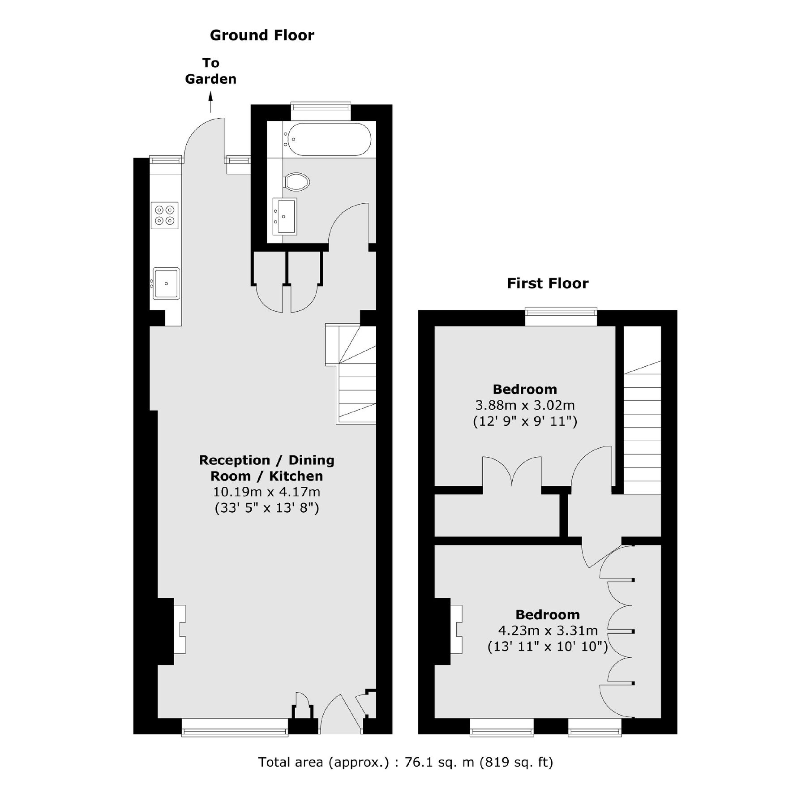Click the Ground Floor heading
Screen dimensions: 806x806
pyautogui.click(x=262, y=35)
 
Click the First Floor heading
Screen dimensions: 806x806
pyautogui.click(x=547, y=283)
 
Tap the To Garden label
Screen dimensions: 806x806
pyautogui.click(x=210, y=71)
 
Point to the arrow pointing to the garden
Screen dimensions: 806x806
pyautogui.click(x=210, y=102)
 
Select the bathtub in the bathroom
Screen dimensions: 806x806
pyautogui.click(x=329, y=139)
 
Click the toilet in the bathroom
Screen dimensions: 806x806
pyautogui.click(x=297, y=182)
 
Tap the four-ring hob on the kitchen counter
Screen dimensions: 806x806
pyautogui.click(x=164, y=215)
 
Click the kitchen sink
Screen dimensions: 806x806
pyautogui.click(x=166, y=283)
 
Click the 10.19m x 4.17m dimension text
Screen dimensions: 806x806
pyautogui.click(x=266, y=492)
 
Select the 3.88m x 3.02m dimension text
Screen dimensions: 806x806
pyautogui.click(x=525, y=406)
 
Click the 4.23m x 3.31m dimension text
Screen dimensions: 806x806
pyautogui.click(x=548, y=631)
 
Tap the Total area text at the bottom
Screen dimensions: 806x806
pyautogui.click(x=405, y=762)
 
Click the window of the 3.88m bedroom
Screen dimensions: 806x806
pyautogui.click(x=561, y=317)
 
